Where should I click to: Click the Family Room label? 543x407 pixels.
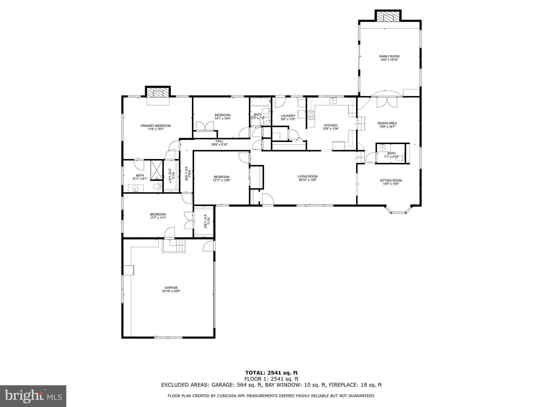389,56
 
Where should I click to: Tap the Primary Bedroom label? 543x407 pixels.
156,126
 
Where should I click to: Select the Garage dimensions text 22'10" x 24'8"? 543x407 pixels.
171,291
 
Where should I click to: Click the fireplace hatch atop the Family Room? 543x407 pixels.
388,17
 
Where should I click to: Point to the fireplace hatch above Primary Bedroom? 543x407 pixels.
158,93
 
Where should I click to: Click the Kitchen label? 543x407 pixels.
330,125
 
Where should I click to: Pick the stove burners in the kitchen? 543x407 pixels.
311,114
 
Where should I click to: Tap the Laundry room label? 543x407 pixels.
288,116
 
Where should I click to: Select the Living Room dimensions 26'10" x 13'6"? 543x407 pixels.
307,180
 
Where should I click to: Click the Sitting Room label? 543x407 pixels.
391,180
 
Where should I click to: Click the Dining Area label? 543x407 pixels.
387,123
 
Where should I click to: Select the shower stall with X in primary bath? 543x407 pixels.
156,170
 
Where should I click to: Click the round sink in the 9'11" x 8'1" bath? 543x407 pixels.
135,189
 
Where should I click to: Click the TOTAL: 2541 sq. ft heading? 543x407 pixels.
271,373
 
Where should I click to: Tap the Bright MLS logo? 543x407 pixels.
33,396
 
